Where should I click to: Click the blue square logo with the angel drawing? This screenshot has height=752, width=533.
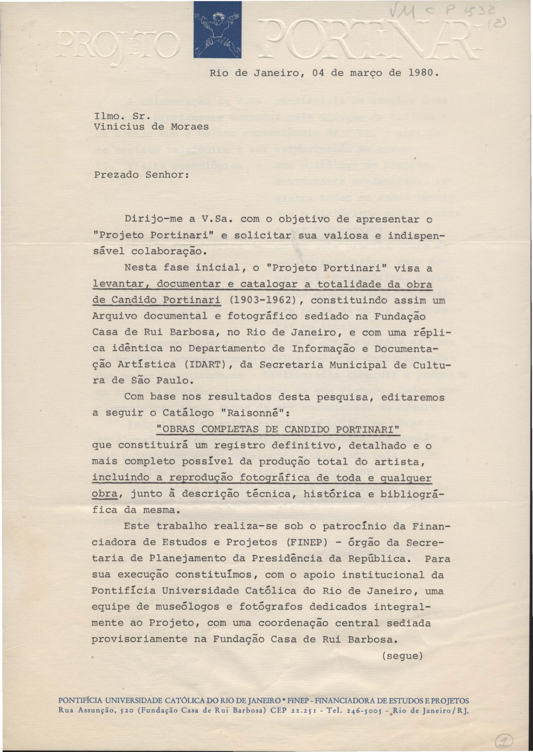point(217,30)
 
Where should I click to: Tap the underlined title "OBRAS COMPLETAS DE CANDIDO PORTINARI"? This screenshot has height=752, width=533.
point(278,429)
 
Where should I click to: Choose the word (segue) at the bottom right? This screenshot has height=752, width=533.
point(402,656)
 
